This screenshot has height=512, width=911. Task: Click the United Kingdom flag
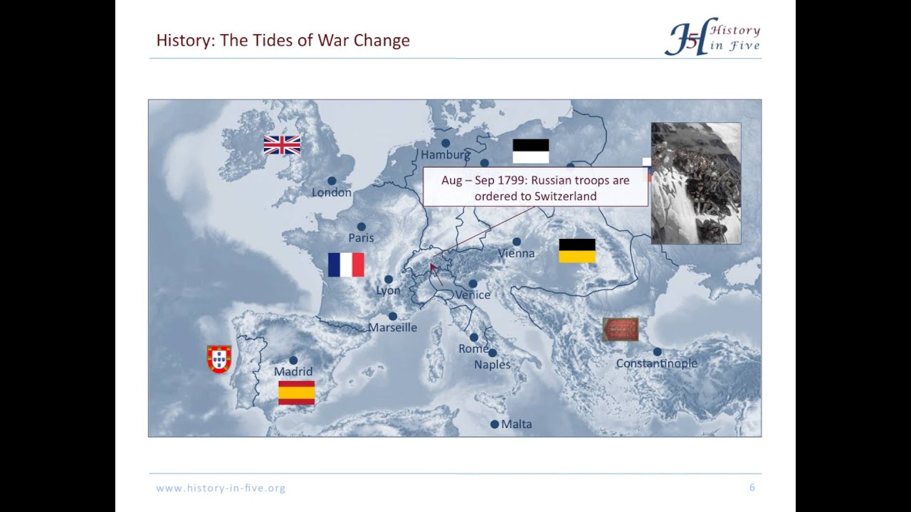click(x=282, y=145)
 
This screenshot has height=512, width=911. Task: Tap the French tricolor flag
click(x=346, y=265)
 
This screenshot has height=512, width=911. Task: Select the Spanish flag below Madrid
click(x=296, y=393)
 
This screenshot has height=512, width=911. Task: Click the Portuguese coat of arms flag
click(x=218, y=359)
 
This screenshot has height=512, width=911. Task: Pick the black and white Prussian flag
click(x=531, y=151)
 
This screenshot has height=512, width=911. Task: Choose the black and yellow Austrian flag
click(x=577, y=251)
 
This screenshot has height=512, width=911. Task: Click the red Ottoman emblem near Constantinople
click(x=621, y=329)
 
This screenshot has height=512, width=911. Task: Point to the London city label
click(x=332, y=193)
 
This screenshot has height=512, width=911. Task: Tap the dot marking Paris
click(x=362, y=227)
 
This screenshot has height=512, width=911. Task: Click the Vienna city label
click(x=516, y=253)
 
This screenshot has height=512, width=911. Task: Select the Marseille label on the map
click(x=392, y=328)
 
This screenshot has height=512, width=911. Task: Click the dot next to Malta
click(x=495, y=425)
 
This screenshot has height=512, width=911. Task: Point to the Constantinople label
click(x=656, y=363)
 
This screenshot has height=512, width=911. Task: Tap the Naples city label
click(x=493, y=365)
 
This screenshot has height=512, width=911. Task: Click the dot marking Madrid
click(x=293, y=361)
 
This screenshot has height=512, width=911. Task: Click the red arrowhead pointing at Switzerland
click(x=432, y=267)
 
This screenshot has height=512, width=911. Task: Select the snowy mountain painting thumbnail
click(x=696, y=183)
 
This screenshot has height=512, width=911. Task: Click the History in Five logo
click(x=712, y=36)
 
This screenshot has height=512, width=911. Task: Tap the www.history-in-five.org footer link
click(x=221, y=489)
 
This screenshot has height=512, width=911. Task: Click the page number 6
click(x=752, y=488)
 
